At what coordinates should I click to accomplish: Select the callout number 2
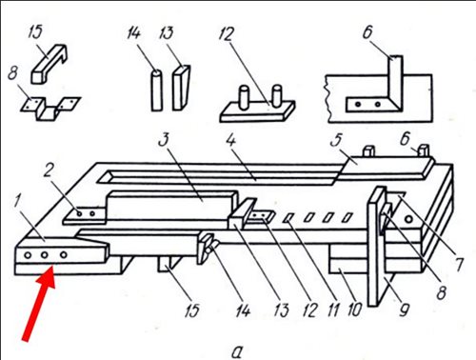[x=48, y=171]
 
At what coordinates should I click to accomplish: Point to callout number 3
[x=164, y=140]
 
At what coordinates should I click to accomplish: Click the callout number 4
[x=231, y=140]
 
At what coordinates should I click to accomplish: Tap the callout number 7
[x=459, y=264]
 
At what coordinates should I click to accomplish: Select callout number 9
[x=404, y=310]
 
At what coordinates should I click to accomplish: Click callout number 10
[x=355, y=310]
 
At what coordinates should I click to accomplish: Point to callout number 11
[x=333, y=310]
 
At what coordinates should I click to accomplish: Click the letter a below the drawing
[x=237, y=351]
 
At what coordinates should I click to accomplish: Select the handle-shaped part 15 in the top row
[x=50, y=64]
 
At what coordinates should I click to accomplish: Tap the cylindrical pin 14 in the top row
[x=156, y=90]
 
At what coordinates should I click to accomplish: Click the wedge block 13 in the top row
[x=182, y=88]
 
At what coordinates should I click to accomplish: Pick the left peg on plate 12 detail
[x=245, y=97]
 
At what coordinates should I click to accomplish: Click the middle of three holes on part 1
[x=45, y=254]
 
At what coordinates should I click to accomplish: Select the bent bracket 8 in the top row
[x=50, y=109]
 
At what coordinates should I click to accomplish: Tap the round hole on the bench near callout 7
[x=409, y=219]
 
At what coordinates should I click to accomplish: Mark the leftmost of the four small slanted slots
[x=288, y=218]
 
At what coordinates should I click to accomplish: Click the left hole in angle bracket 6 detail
[x=358, y=104]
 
